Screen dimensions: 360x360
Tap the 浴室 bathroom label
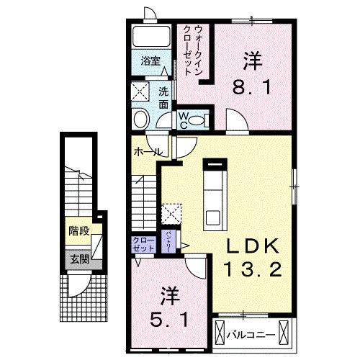click(x=149, y=60)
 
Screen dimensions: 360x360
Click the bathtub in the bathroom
click(x=150, y=37)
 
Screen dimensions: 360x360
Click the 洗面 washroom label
click(x=163, y=97)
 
